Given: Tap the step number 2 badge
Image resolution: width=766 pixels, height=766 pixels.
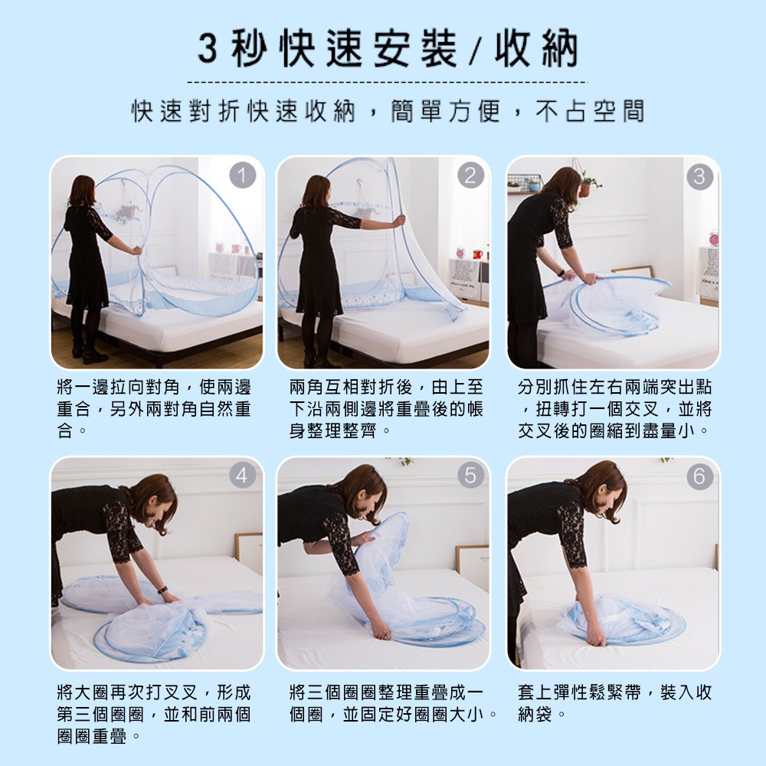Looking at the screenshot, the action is tap(471, 175).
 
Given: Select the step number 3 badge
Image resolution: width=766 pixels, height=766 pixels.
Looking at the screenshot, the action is tap(699, 176).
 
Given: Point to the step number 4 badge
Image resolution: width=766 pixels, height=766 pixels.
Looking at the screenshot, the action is tap(243, 475).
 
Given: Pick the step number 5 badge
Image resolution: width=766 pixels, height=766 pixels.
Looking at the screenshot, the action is tap(471, 475).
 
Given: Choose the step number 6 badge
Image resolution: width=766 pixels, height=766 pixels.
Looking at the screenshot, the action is tap(699, 476).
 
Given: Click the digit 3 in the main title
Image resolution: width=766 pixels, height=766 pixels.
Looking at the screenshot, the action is tap(208, 49).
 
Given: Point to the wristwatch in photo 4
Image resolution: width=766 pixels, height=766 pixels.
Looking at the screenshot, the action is tap(162, 590).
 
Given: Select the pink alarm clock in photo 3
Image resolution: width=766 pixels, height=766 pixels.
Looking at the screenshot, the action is tap(714, 238).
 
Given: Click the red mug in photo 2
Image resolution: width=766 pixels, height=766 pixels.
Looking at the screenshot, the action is tap(477, 254).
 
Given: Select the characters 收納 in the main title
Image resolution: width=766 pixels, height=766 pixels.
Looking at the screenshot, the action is tap(536, 50).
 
